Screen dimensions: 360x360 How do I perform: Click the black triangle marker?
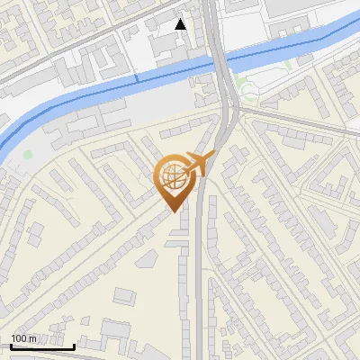point(181,24)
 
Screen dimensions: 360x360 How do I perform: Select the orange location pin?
point(174,181)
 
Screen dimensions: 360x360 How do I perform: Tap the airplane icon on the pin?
point(199,164)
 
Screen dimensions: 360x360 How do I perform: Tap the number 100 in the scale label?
point(20,338)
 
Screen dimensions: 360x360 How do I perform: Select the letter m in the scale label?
point(33,338)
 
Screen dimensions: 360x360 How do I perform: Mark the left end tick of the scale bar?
point(11,345)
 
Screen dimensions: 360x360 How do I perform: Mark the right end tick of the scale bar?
point(74,345)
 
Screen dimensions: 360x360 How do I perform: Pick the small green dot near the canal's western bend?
point(28,155)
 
